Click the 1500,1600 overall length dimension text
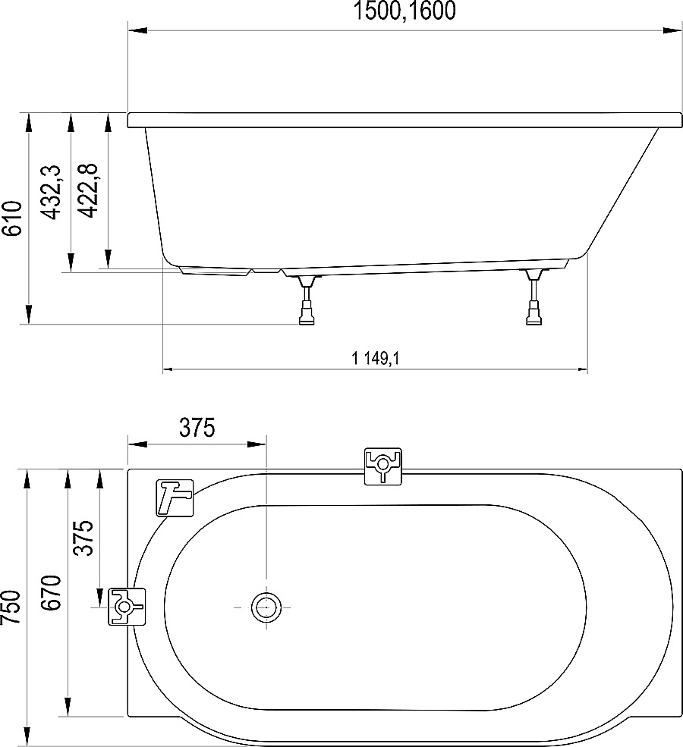405,11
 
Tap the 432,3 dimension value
51,193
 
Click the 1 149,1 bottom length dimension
375,359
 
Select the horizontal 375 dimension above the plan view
197,428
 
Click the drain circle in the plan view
266,607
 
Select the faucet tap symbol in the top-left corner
175,497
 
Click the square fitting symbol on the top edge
382,466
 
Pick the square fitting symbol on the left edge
126,606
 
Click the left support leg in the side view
307,303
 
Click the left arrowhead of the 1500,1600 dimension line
135,31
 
